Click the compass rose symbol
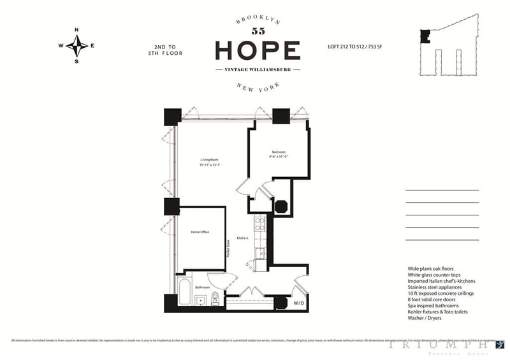tap(76, 45)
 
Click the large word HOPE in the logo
tap(258, 50)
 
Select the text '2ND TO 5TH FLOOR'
tap(168, 50)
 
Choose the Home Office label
tap(200, 232)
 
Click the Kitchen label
tap(242, 238)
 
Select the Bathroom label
tap(203, 287)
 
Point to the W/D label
tap(298, 303)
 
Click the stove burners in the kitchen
tap(259, 224)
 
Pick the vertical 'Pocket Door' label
tap(228, 249)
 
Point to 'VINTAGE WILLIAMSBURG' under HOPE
tap(258, 69)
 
